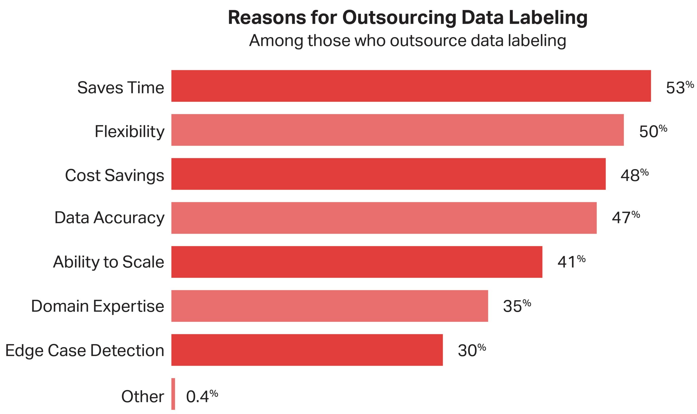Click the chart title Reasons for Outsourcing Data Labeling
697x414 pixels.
[x=407, y=18]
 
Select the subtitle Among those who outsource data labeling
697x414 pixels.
[x=407, y=41]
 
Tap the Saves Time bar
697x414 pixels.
[x=411, y=86]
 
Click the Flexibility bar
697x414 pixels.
[x=397, y=130]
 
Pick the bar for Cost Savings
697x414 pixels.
[x=389, y=174]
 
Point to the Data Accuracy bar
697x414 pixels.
[x=384, y=218]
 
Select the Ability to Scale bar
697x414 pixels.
[x=357, y=262]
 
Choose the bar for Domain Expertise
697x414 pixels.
[x=329, y=306]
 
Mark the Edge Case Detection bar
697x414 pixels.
[x=307, y=350]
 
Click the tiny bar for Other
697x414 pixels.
[x=173, y=394]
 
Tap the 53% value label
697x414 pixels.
[x=680, y=87]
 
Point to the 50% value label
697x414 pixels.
[x=653, y=131]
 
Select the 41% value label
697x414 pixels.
[x=571, y=262]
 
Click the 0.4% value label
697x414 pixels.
[x=202, y=396]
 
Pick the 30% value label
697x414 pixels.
[x=472, y=350]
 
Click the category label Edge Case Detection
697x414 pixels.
[x=85, y=350]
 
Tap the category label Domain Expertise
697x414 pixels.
[x=97, y=306]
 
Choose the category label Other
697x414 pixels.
[x=142, y=396]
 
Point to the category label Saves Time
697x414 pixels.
[x=121, y=88]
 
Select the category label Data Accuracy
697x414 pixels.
[x=109, y=218]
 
